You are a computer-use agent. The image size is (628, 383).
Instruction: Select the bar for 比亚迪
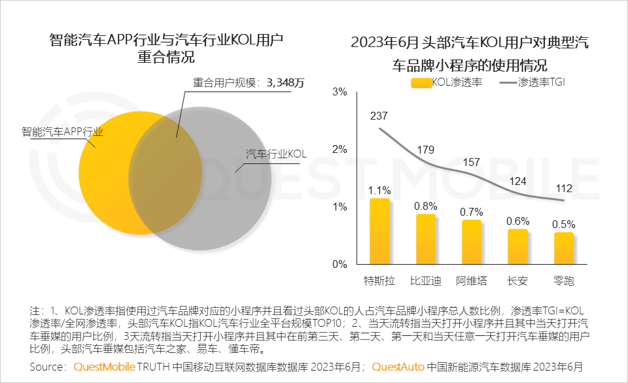click(425, 239)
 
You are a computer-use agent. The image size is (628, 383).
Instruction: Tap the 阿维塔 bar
click(471, 242)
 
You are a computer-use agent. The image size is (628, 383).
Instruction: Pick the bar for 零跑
click(563, 248)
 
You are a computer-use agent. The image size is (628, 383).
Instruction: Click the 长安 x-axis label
click(517, 281)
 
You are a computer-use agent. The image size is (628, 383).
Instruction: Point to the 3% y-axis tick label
click(340, 92)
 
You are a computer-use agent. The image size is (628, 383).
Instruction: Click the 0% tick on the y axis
click(340, 264)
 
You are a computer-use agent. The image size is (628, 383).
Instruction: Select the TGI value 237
click(379, 116)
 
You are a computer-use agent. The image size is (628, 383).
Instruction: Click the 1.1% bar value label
click(379, 190)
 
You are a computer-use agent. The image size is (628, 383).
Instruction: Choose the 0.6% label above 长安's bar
click(517, 221)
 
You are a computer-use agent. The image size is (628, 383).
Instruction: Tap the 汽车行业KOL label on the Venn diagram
click(275, 154)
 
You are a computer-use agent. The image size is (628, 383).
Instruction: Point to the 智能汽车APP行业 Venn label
click(62, 131)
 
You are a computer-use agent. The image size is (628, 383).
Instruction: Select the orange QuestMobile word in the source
click(105, 367)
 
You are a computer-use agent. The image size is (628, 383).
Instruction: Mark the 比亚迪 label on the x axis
click(425, 281)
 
